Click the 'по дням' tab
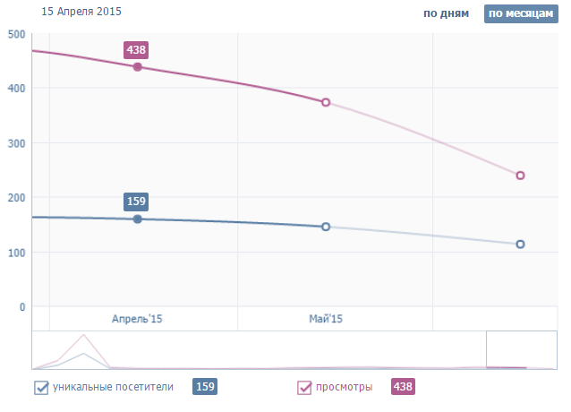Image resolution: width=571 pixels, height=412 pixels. (x=446, y=14)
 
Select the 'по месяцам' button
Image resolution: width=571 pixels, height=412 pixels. (x=514, y=14)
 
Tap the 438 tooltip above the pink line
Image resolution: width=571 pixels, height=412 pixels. (x=137, y=49)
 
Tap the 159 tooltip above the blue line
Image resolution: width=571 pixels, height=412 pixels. (x=137, y=202)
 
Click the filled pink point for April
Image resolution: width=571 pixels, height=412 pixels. (x=137, y=67)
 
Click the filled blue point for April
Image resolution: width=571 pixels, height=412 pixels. (x=137, y=219)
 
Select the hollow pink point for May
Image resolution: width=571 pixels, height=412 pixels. (x=326, y=102)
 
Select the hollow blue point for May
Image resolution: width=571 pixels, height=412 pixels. (x=326, y=227)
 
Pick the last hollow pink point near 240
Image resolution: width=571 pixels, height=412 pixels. (x=520, y=176)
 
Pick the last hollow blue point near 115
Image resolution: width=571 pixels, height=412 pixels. (x=520, y=244)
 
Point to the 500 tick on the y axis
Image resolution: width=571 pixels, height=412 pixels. (x=15, y=34)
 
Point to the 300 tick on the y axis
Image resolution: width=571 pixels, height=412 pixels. (x=15, y=143)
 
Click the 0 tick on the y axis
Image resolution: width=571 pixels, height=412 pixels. (x=21, y=307)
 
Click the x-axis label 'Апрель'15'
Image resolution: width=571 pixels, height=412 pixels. (x=137, y=319)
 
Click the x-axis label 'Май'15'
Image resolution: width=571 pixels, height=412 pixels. (x=326, y=319)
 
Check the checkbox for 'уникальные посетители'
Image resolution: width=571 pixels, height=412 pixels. (x=40, y=388)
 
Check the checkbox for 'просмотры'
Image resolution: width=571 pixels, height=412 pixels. (x=304, y=388)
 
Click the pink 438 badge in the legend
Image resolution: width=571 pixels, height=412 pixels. (x=403, y=387)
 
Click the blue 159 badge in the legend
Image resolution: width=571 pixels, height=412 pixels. (x=205, y=387)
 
